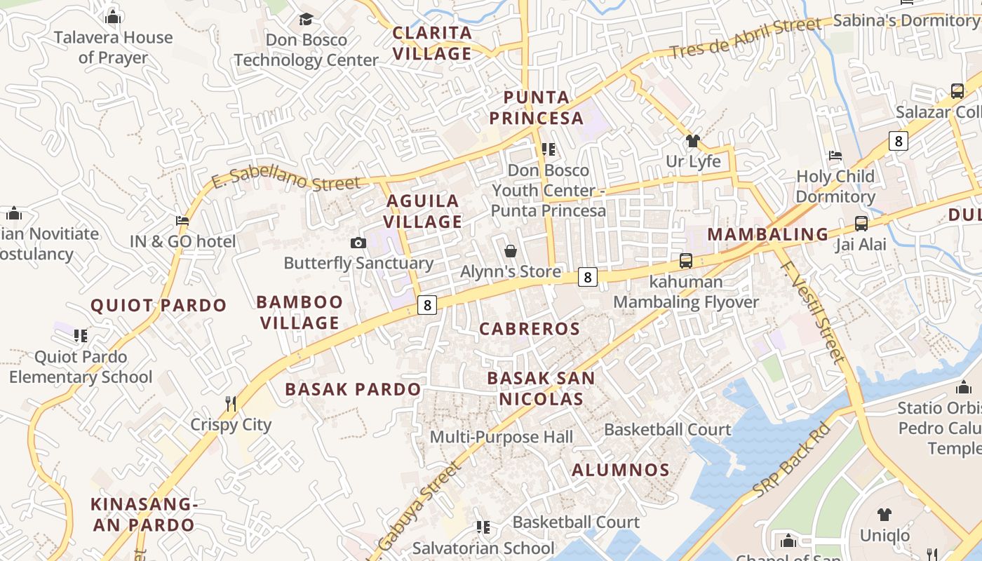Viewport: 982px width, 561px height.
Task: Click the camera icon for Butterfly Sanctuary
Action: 358,243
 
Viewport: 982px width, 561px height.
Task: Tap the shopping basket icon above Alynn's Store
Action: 511,251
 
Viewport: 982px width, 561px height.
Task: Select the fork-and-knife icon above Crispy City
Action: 231,403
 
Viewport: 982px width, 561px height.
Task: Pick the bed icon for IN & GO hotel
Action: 182,221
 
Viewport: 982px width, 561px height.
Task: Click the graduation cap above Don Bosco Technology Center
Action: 306,19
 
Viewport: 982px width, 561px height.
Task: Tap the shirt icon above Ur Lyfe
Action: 693,141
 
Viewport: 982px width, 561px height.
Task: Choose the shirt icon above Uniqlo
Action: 885,515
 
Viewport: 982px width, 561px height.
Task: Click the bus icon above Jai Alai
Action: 861,224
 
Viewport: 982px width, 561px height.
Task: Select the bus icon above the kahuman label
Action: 686,261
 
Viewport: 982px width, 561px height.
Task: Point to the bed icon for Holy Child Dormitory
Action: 835,155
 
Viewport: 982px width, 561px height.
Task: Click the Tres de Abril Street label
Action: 744,39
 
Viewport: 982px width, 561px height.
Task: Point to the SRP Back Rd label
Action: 791,460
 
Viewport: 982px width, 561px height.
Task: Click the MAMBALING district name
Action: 767,234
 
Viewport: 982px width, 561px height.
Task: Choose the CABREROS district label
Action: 530,329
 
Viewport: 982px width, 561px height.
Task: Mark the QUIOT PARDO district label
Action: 159,305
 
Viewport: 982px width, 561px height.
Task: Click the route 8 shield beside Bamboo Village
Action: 426,305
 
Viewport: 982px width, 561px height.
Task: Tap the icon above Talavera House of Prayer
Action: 113,17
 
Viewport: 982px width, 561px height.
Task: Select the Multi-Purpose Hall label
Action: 502,437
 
